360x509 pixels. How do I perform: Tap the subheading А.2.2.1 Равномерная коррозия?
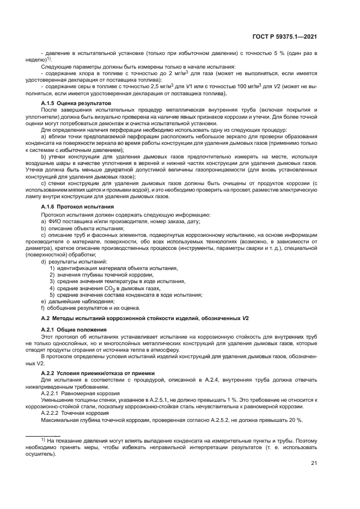click(x=82, y=392)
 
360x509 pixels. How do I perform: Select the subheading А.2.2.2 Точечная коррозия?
click(x=78, y=413)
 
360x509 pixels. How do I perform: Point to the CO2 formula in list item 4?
click(x=101, y=289)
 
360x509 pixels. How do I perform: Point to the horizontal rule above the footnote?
click(x=62, y=434)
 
